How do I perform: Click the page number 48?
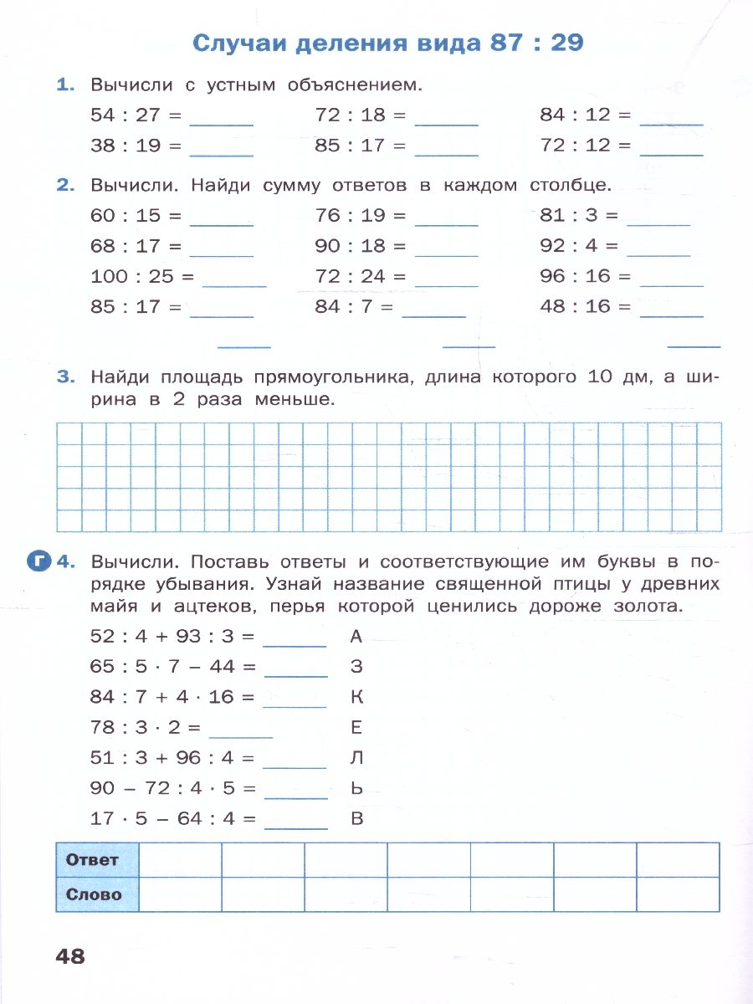[70, 955]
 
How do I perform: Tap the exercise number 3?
[65, 377]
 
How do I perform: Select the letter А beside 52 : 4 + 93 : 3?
[356, 637]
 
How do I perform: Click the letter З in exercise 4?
[356, 667]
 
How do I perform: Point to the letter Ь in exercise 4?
[356, 788]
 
